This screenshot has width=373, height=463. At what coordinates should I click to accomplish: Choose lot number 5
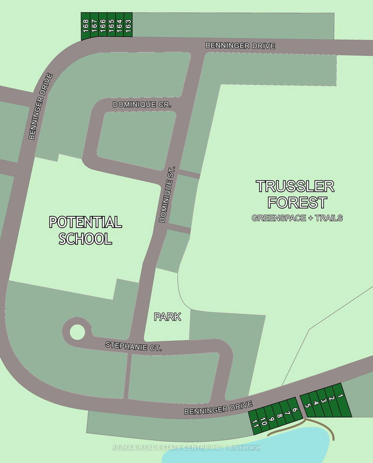(308, 406)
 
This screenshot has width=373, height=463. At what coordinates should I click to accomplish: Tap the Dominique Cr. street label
(142, 105)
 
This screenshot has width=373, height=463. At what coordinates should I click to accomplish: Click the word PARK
(167, 317)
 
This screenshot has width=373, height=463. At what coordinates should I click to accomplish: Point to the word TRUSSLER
(295, 187)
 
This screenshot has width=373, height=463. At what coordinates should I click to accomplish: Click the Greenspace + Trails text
(297, 218)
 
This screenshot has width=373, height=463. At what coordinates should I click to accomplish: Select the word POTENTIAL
(85, 222)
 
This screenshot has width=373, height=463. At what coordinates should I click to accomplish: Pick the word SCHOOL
(85, 239)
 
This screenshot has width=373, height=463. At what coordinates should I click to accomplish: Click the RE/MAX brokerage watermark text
(186, 448)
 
